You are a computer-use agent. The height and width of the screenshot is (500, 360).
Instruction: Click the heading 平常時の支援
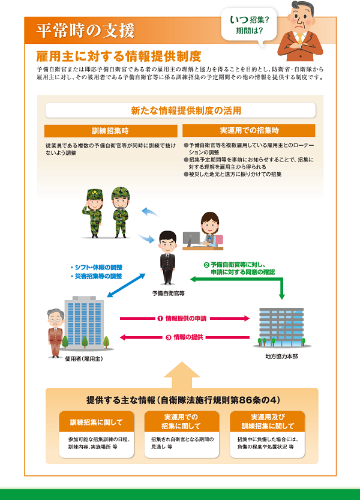[85, 31]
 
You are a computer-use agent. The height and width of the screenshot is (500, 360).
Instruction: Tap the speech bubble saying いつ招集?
[249, 25]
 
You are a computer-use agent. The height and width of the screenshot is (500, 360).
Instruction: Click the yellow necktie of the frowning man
[300, 38]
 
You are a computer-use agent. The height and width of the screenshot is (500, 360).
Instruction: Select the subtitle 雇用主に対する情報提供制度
[119, 56]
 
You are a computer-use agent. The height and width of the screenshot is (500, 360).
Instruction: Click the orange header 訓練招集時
[110, 131]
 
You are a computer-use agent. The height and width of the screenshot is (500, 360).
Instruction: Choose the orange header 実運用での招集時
[249, 130]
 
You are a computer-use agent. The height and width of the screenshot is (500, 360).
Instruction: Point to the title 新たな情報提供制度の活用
[186, 110]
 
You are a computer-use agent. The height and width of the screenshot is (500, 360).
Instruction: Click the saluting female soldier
[94, 213]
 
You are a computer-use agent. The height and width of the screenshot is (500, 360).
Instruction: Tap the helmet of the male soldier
[121, 193]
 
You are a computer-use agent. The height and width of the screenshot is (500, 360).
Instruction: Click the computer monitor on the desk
[191, 238]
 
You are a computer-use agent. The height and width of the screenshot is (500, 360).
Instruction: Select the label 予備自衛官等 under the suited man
[169, 294]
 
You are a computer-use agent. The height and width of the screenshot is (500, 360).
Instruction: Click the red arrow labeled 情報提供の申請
[185, 318]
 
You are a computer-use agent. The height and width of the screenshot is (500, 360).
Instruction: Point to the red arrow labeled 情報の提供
[185, 337]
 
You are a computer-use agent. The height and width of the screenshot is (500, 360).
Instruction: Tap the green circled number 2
[206, 265]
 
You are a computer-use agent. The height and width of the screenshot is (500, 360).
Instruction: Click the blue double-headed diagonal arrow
[126, 285]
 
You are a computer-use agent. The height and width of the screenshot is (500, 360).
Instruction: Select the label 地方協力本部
[281, 357]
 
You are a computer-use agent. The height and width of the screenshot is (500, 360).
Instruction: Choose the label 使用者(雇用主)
[84, 359]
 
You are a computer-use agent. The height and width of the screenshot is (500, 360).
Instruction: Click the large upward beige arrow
[182, 375]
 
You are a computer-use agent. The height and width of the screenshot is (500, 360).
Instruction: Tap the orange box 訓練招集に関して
[96, 422]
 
